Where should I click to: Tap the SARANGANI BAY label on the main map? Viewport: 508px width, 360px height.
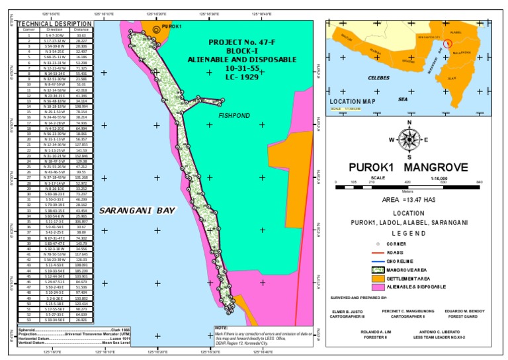click(138, 210)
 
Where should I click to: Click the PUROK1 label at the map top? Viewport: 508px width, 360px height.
click(171, 26)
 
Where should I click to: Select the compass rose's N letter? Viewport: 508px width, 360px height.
click(409, 122)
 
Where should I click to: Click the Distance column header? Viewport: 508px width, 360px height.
click(81, 30)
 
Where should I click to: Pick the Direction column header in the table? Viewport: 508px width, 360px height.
click(54, 30)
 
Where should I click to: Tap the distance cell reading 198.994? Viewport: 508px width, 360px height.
click(81, 106)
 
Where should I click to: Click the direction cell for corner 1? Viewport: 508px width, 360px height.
click(54, 35)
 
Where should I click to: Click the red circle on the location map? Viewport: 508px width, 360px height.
click(447, 44)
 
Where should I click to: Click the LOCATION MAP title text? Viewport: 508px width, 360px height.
click(353, 101)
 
